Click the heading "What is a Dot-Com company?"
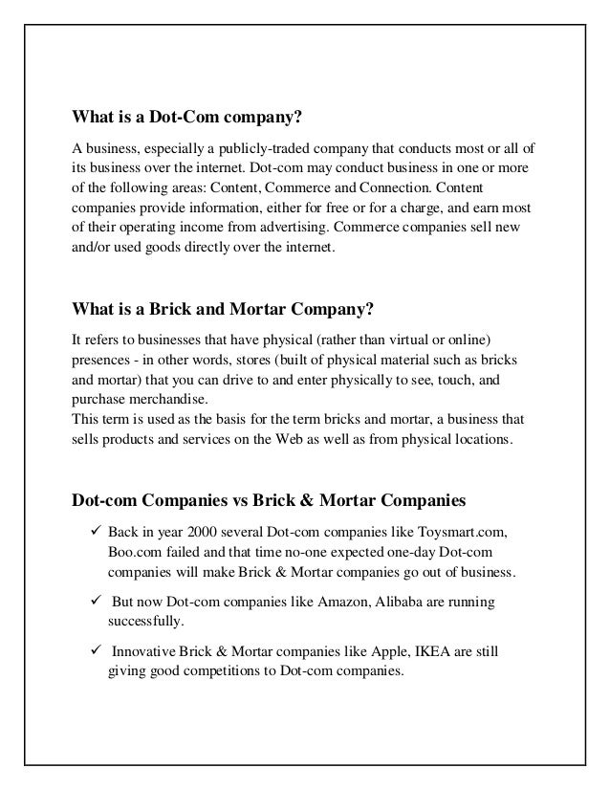pyautogui.click(x=187, y=118)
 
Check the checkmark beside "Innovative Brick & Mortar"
pyautogui.click(x=95, y=651)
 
